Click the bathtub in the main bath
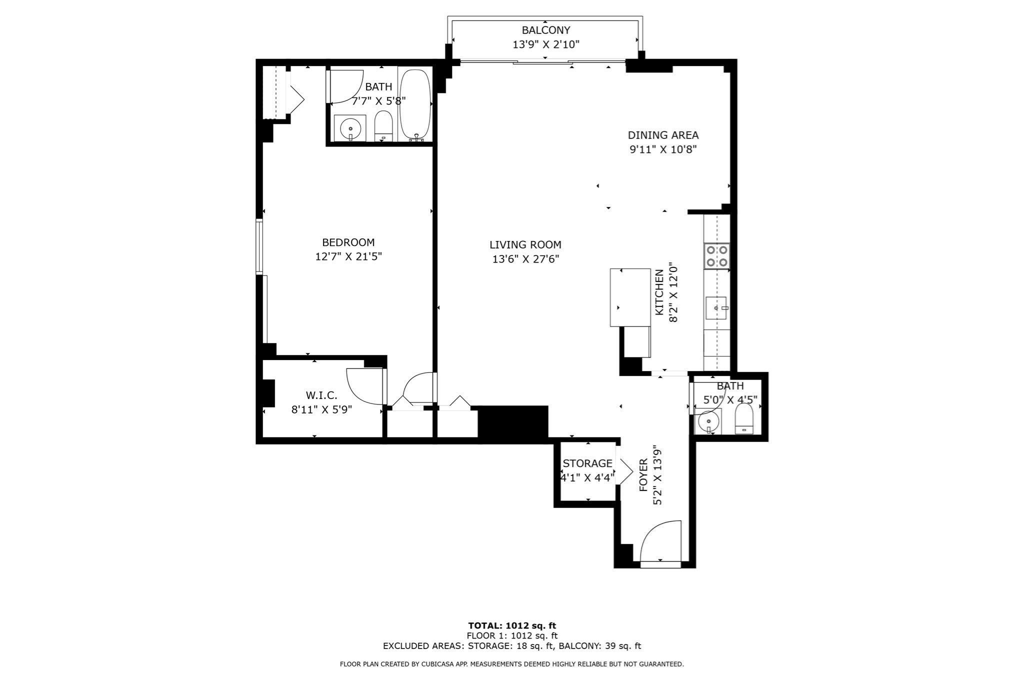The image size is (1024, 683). click(415, 104)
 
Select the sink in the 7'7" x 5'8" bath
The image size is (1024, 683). click(350, 128)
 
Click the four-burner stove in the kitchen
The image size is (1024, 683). click(716, 256)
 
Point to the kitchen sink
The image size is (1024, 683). click(716, 308)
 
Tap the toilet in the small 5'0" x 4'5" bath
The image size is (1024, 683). click(744, 418)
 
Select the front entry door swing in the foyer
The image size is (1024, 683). click(659, 542)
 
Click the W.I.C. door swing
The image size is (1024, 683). click(364, 386)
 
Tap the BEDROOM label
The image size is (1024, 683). click(348, 242)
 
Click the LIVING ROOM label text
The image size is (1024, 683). click(525, 245)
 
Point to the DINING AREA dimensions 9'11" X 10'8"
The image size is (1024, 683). click(662, 149)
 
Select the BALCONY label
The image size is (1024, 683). click(545, 30)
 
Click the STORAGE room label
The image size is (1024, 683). click(587, 463)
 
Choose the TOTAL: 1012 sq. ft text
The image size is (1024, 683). click(511, 625)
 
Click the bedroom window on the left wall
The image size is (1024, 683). click(259, 246)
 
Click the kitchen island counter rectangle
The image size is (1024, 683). click(630, 297)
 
